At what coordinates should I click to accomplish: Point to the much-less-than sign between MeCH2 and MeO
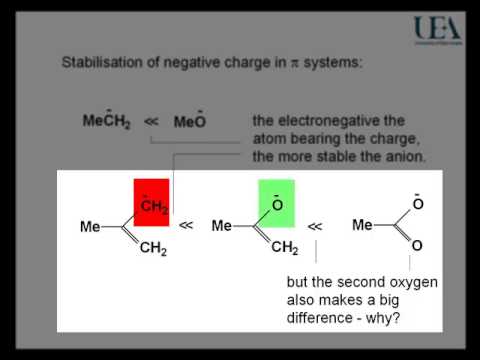tap(151, 123)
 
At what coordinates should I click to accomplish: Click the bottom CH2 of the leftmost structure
tap(153, 250)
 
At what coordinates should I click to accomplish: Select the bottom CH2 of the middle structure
tap(285, 249)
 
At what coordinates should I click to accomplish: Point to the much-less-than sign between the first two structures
tap(187, 227)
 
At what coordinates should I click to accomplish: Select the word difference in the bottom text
tap(321, 320)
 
